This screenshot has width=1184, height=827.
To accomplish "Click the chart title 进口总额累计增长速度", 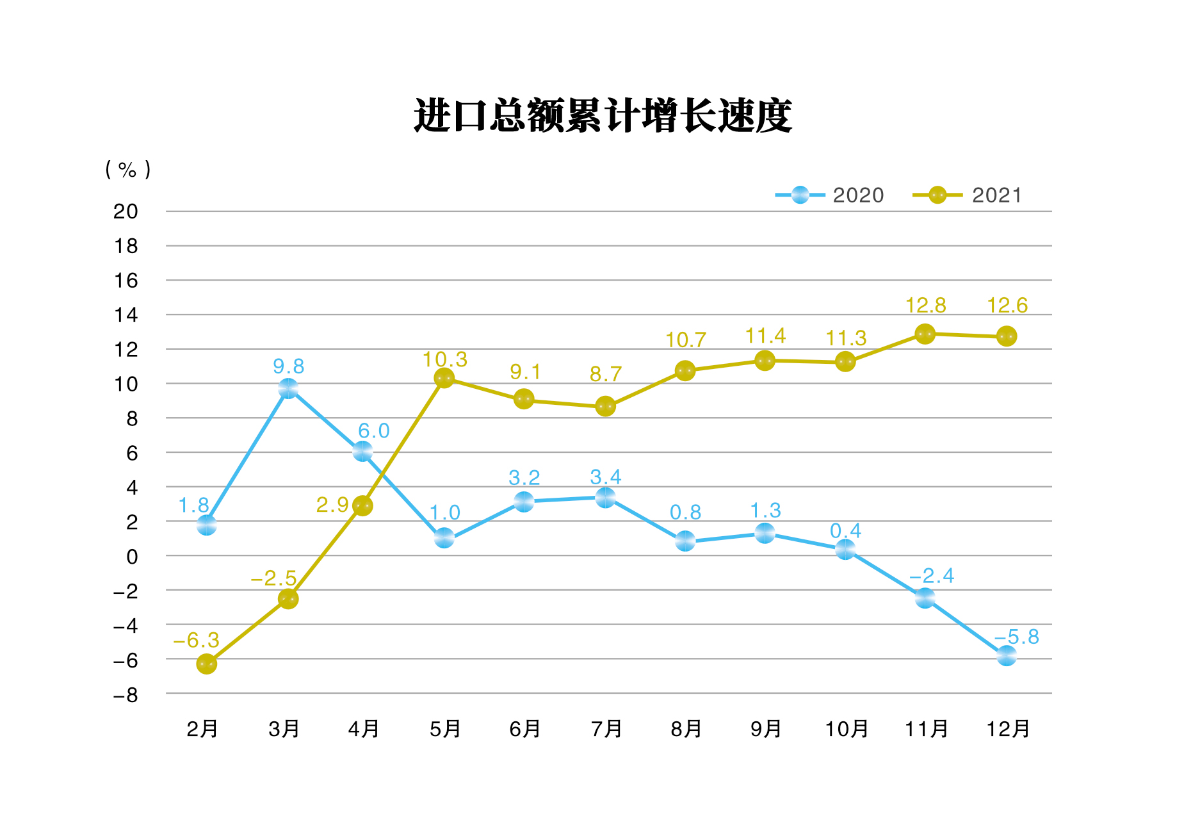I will click(603, 116).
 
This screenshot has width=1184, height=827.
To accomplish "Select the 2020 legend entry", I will click(830, 195).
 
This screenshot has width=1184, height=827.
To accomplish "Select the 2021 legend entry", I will click(968, 195).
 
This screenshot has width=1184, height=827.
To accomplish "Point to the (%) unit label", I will click(128, 170).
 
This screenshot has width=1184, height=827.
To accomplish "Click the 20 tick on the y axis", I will click(126, 211).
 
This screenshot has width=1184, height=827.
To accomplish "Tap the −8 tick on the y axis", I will click(126, 695).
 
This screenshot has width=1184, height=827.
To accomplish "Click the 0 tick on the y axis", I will click(132, 557).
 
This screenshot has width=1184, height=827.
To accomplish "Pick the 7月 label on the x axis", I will click(606, 729).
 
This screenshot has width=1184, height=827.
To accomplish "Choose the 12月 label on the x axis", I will click(1008, 729).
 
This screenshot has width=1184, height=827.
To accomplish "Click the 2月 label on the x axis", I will click(202, 729).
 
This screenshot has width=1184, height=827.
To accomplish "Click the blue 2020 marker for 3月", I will click(288, 388).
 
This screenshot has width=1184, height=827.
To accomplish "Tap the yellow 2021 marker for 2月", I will click(206, 664).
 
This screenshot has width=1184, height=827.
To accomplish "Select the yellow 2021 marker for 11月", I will click(925, 334).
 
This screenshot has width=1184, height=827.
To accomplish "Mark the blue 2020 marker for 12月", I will click(1007, 655).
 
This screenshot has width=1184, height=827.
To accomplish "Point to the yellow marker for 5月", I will click(444, 378).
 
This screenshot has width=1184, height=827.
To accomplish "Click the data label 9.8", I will click(288, 366).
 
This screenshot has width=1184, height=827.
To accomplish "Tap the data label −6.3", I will click(197, 640).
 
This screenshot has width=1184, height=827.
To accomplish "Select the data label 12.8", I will click(925, 306).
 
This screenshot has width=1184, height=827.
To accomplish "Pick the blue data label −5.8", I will click(1017, 637).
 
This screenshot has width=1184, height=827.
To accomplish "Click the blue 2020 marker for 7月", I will click(605, 497).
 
